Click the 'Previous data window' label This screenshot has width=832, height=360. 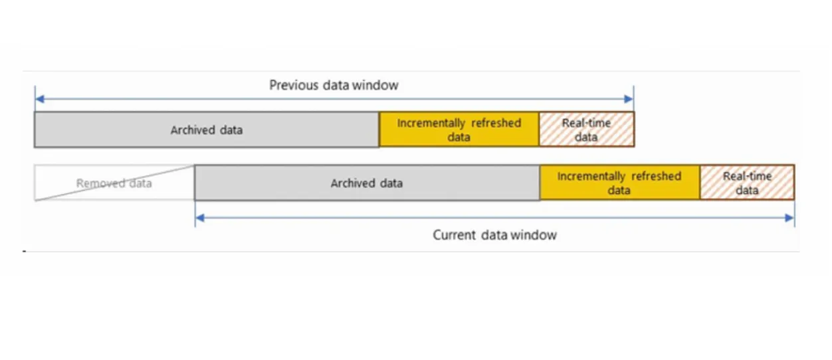pos(334,85)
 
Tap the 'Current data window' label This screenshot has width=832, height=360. pos(494,235)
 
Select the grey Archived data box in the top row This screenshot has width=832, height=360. pos(207,130)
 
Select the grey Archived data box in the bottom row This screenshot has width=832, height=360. pos(367,183)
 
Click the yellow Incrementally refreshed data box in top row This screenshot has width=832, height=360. pos(459,130)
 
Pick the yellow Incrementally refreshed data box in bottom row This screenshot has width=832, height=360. pos(619,183)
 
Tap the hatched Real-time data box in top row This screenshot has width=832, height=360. pos(586,130)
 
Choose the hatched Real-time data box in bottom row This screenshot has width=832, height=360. pos(747,183)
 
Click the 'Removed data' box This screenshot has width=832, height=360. pos(114,183)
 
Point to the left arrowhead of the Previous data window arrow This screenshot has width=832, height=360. pos(39,100)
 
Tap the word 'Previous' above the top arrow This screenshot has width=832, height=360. pos(294,85)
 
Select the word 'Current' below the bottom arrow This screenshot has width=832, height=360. pos(455,235)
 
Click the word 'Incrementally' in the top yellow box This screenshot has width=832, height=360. pos(431,123)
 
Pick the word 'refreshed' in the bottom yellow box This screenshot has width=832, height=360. pos(656,176)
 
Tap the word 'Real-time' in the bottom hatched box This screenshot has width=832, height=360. pos(747,177)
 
